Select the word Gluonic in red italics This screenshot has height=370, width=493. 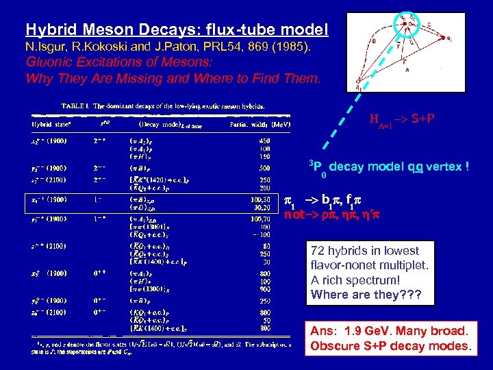click(x=50, y=63)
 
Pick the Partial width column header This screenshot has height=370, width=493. click(x=249, y=124)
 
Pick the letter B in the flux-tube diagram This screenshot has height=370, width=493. click(x=352, y=40)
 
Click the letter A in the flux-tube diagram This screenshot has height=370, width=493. click(x=389, y=69)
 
